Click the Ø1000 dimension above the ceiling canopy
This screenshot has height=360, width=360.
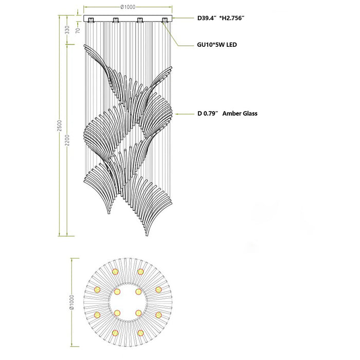click(x=128, y=7)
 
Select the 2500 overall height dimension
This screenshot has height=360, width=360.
click(x=60, y=125)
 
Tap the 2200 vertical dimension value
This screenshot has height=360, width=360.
click(x=67, y=140)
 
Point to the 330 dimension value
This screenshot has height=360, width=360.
click(x=67, y=30)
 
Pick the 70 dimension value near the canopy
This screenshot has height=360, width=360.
click(x=78, y=30)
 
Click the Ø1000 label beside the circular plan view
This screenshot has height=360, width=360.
click(x=71, y=302)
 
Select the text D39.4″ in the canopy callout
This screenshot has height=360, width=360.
click(x=207, y=18)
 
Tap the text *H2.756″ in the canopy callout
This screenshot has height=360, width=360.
click(x=232, y=18)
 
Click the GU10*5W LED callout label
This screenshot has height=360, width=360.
click(x=217, y=45)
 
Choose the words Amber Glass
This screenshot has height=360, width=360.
click(x=240, y=114)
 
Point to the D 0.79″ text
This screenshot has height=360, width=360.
click(x=207, y=114)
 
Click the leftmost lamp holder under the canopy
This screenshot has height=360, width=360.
click(x=91, y=20)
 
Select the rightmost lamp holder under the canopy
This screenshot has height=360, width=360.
click(x=165, y=20)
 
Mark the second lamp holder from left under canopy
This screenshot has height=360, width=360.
click(x=116, y=20)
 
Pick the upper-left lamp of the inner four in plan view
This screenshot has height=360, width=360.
click(x=117, y=292)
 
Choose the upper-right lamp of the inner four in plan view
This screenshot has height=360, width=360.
click(x=138, y=292)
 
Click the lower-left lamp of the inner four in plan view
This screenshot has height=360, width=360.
click(x=117, y=313)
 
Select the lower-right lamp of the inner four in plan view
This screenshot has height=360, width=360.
click(x=138, y=313)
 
